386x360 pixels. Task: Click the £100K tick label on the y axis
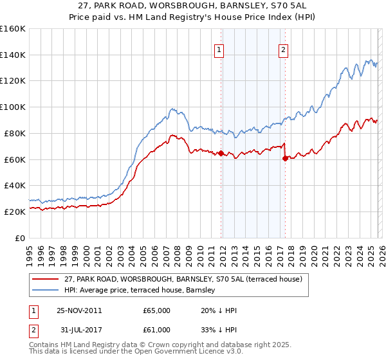tap(12, 107)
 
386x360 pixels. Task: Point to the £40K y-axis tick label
tap(14, 185)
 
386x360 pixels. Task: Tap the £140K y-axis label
tap(12, 55)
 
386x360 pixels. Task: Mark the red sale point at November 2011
tap(221, 153)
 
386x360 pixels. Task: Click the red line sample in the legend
tap(45, 278)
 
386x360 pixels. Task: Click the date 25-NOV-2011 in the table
tap(78, 310)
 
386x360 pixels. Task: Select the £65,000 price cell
tap(156, 310)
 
